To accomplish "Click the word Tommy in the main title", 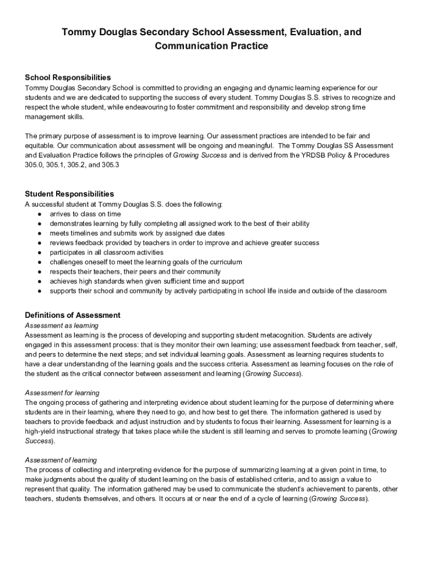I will tap(78, 32).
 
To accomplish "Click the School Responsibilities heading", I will tap(68, 78).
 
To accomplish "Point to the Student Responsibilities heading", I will tap(69, 194).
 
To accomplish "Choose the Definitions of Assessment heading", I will tap(73, 316).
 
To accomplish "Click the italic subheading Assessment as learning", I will tap(62, 326).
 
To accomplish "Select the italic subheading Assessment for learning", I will tap(62, 393).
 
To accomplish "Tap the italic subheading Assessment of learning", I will tap(61, 460).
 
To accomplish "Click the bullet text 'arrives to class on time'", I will tap(85, 214).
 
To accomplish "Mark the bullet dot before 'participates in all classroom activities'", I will tap(40, 252).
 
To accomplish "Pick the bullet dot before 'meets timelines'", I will tap(40, 233).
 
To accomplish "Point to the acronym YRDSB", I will tap(306, 155).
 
